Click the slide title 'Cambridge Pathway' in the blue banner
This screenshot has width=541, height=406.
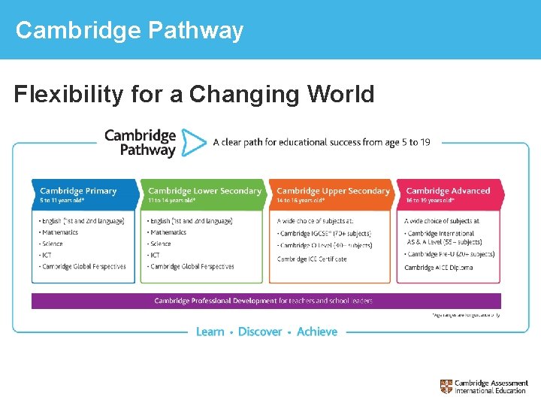click(x=129, y=30)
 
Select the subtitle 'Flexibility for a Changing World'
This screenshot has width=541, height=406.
click(x=194, y=95)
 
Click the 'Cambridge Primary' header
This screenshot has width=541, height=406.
click(x=78, y=191)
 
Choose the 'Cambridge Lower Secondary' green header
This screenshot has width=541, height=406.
click(x=204, y=191)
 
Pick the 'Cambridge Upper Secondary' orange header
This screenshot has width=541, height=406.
click(x=333, y=191)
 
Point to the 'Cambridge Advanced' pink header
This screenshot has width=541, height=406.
click(x=448, y=191)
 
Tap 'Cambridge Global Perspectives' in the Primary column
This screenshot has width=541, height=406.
click(x=83, y=267)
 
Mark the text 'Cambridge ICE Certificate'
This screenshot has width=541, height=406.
click(x=312, y=259)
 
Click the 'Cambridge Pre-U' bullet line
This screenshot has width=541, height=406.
click(x=449, y=255)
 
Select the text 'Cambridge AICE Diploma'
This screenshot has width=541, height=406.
click(x=438, y=268)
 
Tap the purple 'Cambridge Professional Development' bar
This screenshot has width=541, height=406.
click(x=265, y=301)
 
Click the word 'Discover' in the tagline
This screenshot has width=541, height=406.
click(x=260, y=332)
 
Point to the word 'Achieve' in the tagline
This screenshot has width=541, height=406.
click(x=317, y=332)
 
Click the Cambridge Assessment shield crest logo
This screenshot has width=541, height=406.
click(x=446, y=386)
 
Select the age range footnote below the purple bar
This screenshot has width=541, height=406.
click(x=466, y=315)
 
